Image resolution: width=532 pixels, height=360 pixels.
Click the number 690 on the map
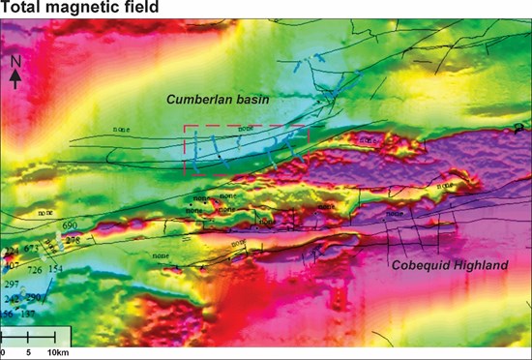70,225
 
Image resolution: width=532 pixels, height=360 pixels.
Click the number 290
34,297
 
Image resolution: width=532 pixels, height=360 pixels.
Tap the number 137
29,314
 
